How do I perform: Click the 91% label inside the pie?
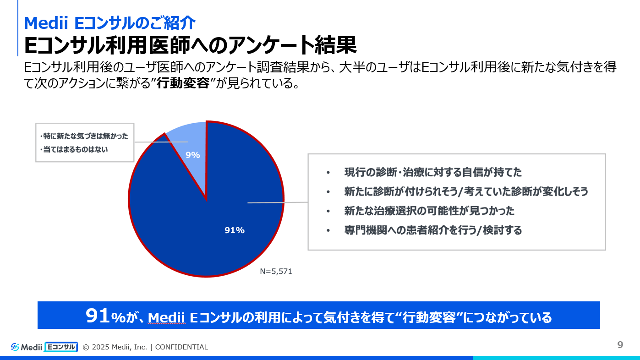pyautogui.click(x=234, y=230)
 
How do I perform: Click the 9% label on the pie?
pyautogui.click(x=192, y=155)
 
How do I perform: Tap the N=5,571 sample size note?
pyautogui.click(x=276, y=271)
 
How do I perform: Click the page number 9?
pyautogui.click(x=620, y=345)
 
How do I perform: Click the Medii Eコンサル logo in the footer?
pyautogui.click(x=44, y=347)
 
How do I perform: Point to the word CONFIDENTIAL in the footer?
pyautogui.click(x=181, y=347)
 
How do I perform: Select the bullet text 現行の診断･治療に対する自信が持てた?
pyautogui.click(x=433, y=173)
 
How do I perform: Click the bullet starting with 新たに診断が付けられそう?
pyautogui.click(x=466, y=191)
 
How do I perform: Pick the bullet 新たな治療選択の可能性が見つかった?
pyautogui.click(x=429, y=211)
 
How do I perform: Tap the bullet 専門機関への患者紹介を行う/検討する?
pyautogui.click(x=433, y=230)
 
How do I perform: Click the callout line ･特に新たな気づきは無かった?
pyautogui.click(x=84, y=136)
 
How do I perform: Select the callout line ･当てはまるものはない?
pyautogui.click(x=74, y=149)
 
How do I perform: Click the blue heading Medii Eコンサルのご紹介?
pyautogui.click(x=109, y=22)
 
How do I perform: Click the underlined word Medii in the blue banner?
pyautogui.click(x=166, y=317)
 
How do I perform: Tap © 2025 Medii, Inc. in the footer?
pyautogui.click(x=115, y=347)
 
